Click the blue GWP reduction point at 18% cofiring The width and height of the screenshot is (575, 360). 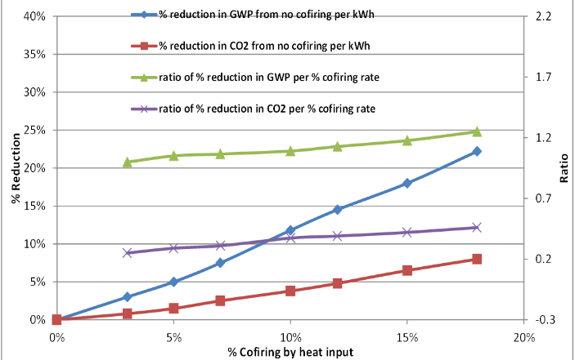click(x=477, y=151)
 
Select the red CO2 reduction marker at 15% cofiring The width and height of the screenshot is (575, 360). click(x=407, y=270)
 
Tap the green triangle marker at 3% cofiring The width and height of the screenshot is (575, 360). click(x=127, y=162)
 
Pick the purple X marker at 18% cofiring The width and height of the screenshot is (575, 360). click(x=477, y=227)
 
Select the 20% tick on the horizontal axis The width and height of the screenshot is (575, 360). click(x=523, y=336)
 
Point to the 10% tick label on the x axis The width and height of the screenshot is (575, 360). click(x=290, y=336)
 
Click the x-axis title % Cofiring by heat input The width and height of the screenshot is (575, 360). click(x=290, y=352)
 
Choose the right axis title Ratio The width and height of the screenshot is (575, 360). click(x=565, y=168)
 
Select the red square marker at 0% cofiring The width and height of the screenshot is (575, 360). click(x=56, y=320)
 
